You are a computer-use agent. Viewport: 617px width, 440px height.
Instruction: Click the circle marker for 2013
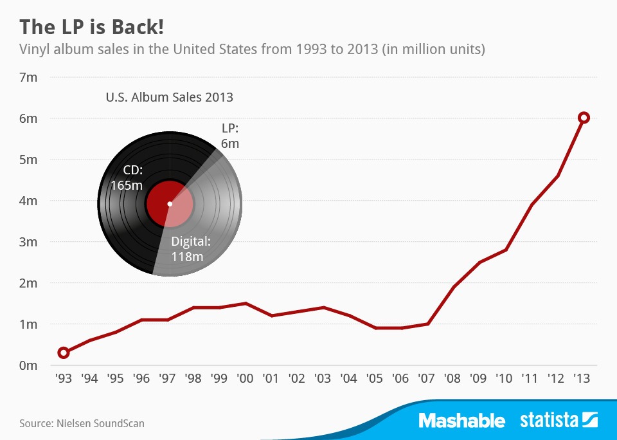click(584, 118)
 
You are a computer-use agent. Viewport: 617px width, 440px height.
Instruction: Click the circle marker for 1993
click(64, 353)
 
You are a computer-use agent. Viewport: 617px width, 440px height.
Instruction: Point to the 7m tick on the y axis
click(29, 77)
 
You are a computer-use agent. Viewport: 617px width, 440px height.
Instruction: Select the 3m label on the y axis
click(29, 242)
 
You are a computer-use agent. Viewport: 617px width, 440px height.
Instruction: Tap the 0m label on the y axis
click(29, 365)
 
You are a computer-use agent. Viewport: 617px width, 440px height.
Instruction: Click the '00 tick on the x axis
click(245, 379)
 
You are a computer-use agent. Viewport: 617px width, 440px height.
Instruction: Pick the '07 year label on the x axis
click(426, 379)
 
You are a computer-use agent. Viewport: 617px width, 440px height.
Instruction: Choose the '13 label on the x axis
click(582, 379)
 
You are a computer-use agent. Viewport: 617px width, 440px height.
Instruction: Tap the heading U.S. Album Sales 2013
click(169, 98)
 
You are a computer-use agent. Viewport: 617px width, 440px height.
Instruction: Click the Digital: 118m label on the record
click(191, 250)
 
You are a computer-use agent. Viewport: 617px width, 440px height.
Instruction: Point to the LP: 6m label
click(229, 136)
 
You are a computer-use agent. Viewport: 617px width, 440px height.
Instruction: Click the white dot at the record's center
click(170, 204)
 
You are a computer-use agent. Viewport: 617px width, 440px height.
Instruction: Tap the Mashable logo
click(461, 421)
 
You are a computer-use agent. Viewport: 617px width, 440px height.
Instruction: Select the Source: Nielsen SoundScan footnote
click(82, 423)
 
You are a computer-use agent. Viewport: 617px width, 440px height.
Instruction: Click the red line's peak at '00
click(245, 303)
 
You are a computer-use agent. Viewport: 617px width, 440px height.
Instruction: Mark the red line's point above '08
click(452, 287)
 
